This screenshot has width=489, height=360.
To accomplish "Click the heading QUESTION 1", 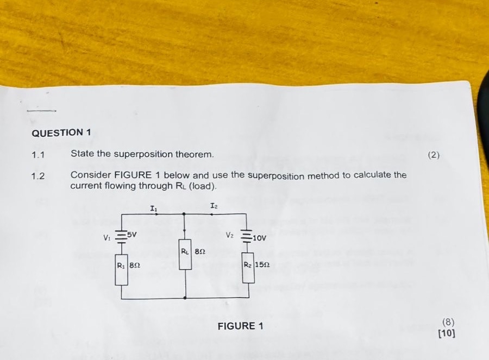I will pyautogui.click(x=61, y=132).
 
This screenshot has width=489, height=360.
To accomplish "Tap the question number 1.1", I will pyautogui.click(x=37, y=155).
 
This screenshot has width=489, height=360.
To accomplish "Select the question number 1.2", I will pyautogui.click(x=37, y=176).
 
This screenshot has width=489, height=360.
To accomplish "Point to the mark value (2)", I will pyautogui.click(x=433, y=155).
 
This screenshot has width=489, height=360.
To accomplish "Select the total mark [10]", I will pyautogui.click(x=447, y=333).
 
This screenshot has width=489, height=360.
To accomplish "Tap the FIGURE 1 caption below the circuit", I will pyautogui.click(x=240, y=326).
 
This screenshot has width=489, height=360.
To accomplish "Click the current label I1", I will pyautogui.click(x=154, y=207).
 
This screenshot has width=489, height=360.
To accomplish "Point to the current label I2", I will pyautogui.click(x=214, y=206).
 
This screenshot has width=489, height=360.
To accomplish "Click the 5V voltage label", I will pyautogui.click(x=132, y=235).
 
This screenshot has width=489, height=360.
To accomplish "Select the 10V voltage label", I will pyautogui.click(x=259, y=237).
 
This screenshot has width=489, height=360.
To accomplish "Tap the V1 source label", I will pyautogui.click(x=106, y=237).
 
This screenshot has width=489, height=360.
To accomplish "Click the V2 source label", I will pyautogui.click(x=230, y=236).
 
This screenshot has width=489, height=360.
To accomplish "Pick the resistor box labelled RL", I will pyautogui.click(x=185, y=256).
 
